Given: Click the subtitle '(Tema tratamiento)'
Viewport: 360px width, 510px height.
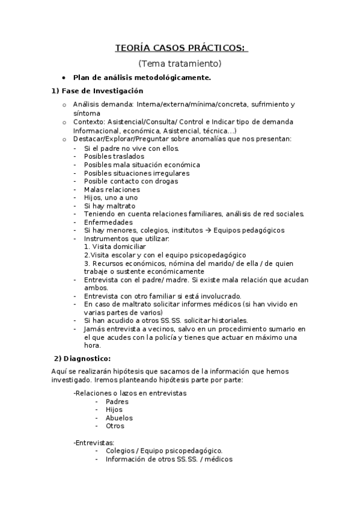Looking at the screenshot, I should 180,63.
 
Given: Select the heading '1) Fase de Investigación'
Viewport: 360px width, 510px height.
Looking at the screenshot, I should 97,91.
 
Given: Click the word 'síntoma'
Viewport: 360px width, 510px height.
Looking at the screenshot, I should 87,113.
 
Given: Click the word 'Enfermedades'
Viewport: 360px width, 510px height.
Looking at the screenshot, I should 108,223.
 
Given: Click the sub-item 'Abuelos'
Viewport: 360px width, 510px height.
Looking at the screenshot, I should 119,418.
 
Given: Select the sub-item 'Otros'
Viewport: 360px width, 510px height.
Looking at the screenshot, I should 115,426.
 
